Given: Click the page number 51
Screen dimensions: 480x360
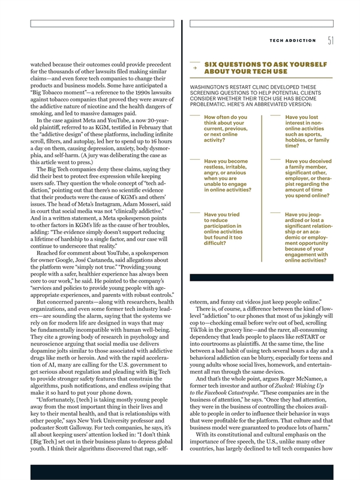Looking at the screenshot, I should click(x=331, y=41).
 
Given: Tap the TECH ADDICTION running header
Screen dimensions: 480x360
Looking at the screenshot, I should click(x=293, y=41).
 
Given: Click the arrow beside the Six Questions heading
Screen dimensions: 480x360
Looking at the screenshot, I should click(x=194, y=68).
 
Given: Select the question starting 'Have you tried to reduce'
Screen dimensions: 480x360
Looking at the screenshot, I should click(x=223, y=229).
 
